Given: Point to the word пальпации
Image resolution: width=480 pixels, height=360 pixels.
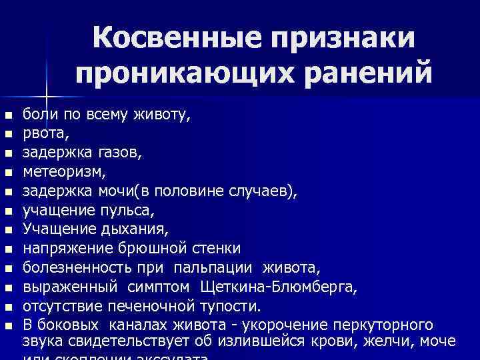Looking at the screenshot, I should pos(213,268).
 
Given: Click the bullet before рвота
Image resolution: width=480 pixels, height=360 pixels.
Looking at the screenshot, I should pos(7,134).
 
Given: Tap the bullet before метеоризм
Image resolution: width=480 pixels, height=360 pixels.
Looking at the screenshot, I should pos(7,173).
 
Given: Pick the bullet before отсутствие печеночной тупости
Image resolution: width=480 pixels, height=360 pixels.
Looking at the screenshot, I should pos(7,307).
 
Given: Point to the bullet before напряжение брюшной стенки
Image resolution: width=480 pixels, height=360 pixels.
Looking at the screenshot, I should pos(7,250).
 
